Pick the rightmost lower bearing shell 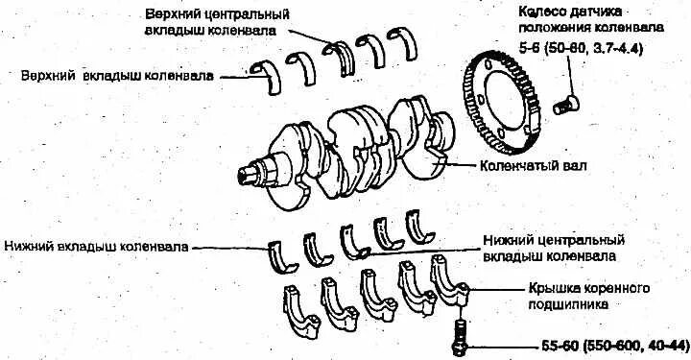click(x=422, y=227)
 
